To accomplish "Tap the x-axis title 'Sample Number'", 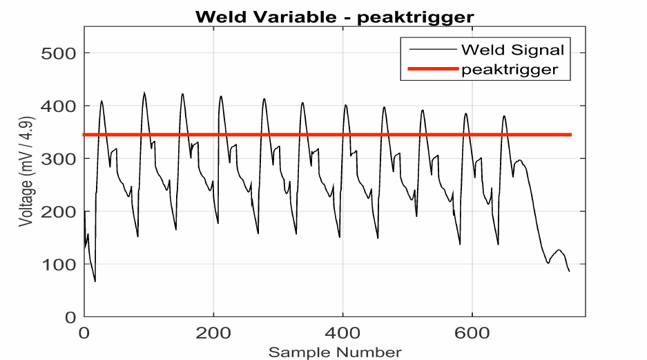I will [335, 352].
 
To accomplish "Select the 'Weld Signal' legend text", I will [513, 50].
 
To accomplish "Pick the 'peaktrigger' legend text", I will [510, 69].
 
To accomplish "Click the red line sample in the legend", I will [433, 69].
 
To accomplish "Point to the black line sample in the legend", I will [433, 50].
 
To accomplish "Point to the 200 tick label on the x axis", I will [213, 332].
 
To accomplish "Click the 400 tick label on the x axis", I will [342, 332].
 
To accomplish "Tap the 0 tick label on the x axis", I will [84, 332].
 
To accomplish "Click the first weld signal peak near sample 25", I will [102, 101].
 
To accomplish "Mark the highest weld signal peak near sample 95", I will [144, 93].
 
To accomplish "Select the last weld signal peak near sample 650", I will [504, 115].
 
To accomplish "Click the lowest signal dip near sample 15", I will [95, 281].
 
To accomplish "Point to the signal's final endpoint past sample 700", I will [569, 271].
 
